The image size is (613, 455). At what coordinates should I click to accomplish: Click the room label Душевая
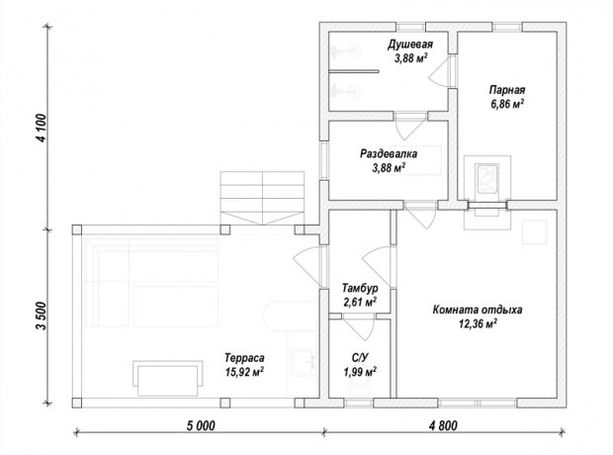tap(410, 44)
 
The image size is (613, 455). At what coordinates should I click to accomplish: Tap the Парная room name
tap(507, 90)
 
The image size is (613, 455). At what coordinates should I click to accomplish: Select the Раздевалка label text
tap(389, 153)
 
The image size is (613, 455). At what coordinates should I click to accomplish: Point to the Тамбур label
tap(360, 289)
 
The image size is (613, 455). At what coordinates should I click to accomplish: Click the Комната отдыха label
tap(478, 310)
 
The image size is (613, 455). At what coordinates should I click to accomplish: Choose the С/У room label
tap(360, 358)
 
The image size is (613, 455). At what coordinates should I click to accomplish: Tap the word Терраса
tap(244, 358)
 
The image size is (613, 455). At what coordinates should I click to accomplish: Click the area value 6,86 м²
tap(507, 104)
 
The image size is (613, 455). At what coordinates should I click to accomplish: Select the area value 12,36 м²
tap(478, 323)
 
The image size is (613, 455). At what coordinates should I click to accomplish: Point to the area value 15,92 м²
tap(244, 372)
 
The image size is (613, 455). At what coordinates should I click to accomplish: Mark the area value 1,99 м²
tap(360, 372)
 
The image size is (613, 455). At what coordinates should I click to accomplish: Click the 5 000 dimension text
tap(201, 425)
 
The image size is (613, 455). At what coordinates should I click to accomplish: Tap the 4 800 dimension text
tap(443, 425)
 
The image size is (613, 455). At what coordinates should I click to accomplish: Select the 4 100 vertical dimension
tap(42, 128)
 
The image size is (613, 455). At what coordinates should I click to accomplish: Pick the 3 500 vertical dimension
tap(42, 316)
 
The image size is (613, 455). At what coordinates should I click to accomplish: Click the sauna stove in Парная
tap(486, 179)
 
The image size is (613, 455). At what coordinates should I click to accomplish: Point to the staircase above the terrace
tap(262, 198)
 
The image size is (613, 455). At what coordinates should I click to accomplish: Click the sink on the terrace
tap(304, 362)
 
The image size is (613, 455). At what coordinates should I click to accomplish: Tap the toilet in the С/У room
tap(359, 387)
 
